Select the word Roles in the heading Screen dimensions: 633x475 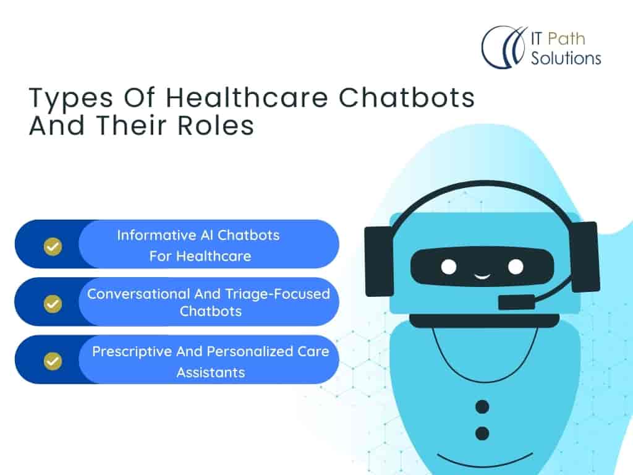(x=216, y=125)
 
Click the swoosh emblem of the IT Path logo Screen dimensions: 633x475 (x=504, y=47)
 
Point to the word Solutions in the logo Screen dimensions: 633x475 (x=566, y=58)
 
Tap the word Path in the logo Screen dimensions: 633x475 (x=566, y=39)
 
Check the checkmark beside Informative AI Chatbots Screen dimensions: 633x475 (x=53, y=246)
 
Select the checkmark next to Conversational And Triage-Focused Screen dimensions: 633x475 (x=53, y=304)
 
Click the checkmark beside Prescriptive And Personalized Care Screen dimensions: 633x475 (x=53, y=361)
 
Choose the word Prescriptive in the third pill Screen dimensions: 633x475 (x=132, y=352)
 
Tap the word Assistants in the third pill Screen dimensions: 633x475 (x=211, y=372)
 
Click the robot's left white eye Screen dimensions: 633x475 (x=449, y=267)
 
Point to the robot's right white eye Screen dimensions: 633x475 (x=516, y=267)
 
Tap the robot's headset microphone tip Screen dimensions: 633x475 (x=516, y=302)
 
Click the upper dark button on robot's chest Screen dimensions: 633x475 (x=482, y=407)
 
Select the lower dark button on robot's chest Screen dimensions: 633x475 (x=482, y=434)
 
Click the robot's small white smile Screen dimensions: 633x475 (x=482, y=276)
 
